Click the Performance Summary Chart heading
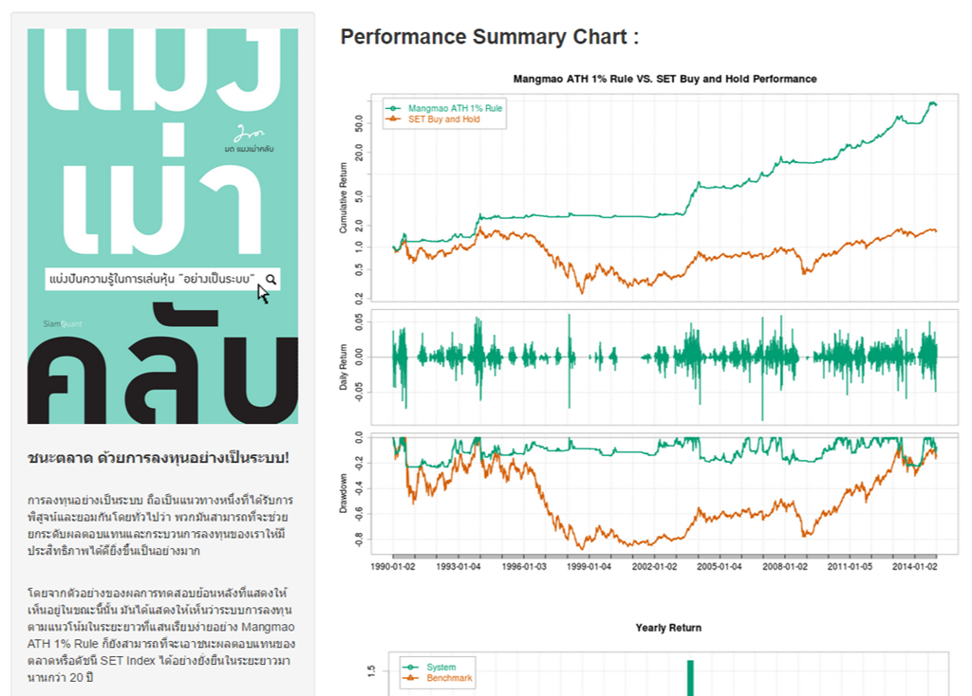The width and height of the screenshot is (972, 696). coord(489,37)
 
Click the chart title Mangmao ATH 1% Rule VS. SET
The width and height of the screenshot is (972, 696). coord(664,79)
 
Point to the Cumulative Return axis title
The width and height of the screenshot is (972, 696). coord(344,197)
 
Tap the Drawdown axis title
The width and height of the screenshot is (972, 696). coord(344,493)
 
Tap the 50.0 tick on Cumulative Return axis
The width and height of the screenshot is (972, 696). coord(359,121)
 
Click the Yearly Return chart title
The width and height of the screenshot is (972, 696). coord(668,628)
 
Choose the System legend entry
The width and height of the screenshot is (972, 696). coord(440,668)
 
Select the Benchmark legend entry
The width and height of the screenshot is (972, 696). coord(449,678)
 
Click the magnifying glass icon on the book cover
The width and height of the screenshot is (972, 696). coord(271,279)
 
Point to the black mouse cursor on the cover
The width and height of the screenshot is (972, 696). coord(263,294)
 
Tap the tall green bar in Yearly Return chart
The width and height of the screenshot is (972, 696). coord(691,677)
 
